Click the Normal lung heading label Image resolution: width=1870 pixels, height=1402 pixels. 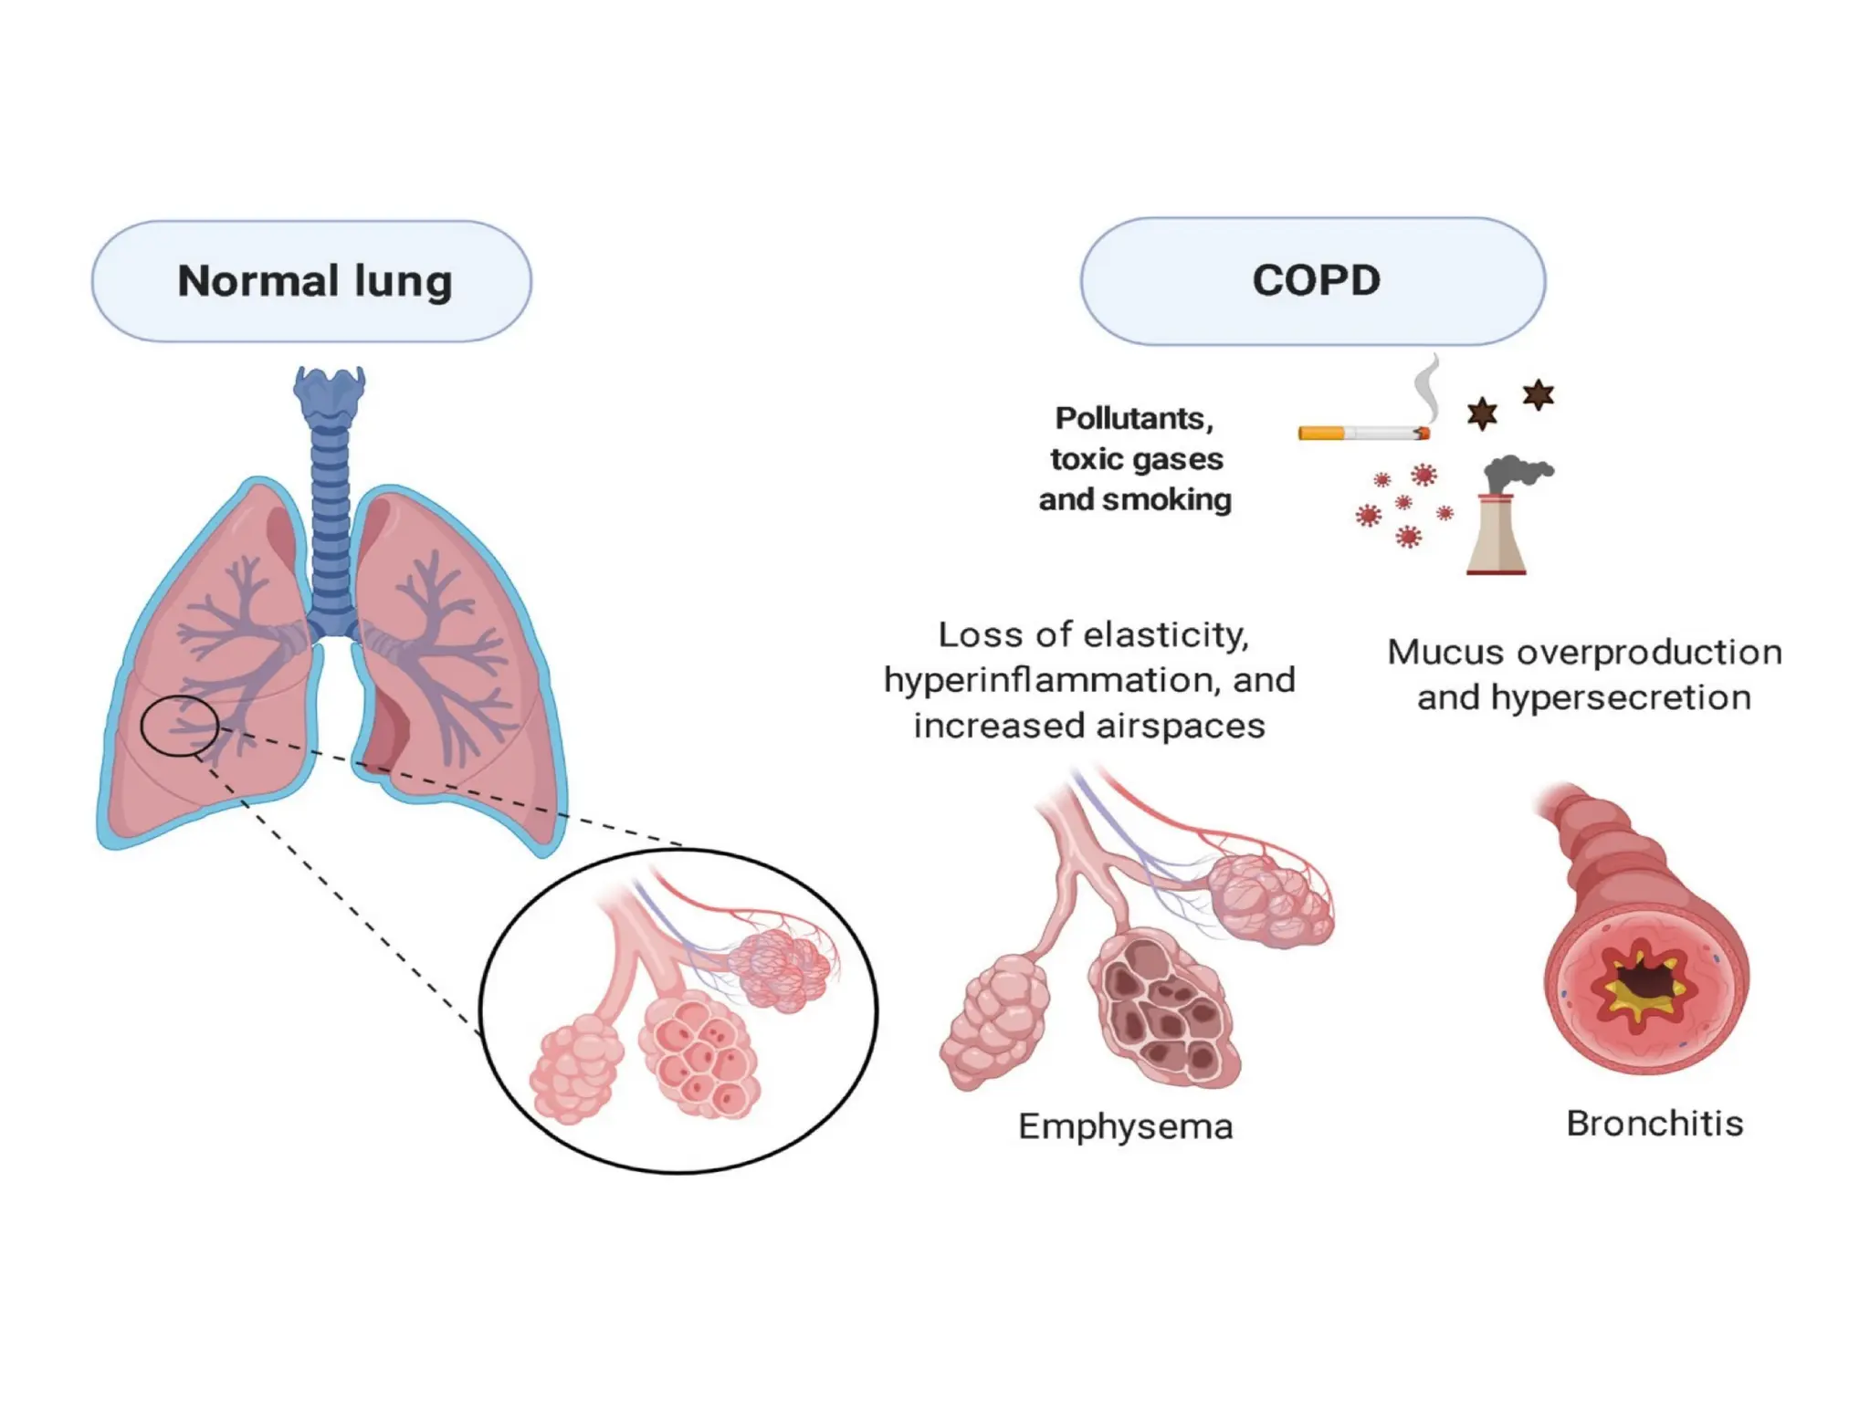click(x=314, y=280)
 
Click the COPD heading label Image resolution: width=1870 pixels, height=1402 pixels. click(x=1315, y=280)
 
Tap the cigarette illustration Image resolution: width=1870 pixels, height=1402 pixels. click(x=1363, y=433)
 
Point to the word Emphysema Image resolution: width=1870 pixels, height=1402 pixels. click(x=1125, y=1126)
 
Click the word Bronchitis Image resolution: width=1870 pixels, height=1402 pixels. click(x=1655, y=1124)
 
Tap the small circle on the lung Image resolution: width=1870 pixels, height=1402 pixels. click(x=180, y=726)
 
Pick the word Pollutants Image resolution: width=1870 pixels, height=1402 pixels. click(x=1134, y=418)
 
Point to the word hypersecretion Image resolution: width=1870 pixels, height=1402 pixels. click(x=1621, y=698)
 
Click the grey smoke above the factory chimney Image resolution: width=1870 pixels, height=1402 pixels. click(x=1516, y=472)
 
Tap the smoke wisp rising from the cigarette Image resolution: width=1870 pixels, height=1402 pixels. click(x=1426, y=388)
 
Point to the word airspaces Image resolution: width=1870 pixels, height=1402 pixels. click(x=1180, y=727)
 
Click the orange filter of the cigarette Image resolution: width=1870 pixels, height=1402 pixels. click(x=1320, y=433)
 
